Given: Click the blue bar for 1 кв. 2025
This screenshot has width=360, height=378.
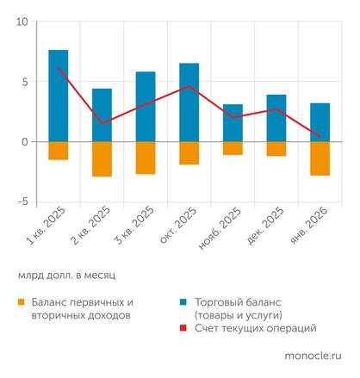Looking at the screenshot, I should (59, 96).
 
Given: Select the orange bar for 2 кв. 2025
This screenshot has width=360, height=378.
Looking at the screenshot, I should (102, 158).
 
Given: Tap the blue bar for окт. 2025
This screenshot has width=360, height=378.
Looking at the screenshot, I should (189, 102).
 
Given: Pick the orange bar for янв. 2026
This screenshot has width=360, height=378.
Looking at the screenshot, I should (320, 158).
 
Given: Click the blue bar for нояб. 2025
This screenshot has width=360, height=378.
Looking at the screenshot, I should (233, 122).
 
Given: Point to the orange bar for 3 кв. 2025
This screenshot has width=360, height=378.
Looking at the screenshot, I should (146, 158).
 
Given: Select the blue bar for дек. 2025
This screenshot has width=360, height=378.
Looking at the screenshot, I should (276, 118).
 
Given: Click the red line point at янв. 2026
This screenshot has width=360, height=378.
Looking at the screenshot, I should (320, 136).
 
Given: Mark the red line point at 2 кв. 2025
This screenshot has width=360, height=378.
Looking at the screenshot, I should (102, 123).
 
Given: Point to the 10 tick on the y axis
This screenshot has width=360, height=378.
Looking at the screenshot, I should (22, 22).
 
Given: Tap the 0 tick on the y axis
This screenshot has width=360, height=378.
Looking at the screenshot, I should (24, 142).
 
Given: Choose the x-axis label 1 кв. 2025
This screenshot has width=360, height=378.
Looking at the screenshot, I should (47, 228).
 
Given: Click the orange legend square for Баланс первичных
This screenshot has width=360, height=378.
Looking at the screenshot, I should (21, 303).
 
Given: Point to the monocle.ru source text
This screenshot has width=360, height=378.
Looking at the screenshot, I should (312, 354).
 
